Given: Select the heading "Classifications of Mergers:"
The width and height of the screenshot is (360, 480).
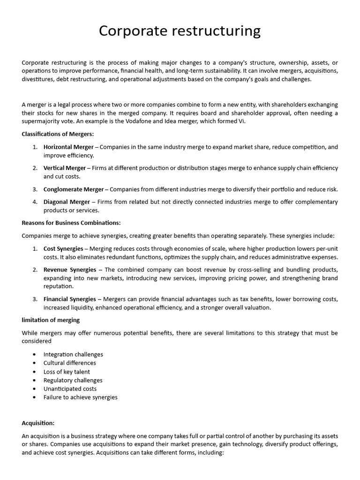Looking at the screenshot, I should [x=58, y=134].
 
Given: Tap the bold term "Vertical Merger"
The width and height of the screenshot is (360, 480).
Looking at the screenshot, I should [x=65, y=168].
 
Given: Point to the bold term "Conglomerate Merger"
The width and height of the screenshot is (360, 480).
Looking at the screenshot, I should [x=74, y=189].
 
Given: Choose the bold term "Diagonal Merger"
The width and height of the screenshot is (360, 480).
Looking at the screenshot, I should [x=67, y=202].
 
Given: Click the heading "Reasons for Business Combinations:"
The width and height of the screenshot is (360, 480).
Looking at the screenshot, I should [x=71, y=223].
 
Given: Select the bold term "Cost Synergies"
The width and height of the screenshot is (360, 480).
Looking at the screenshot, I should [x=63, y=248].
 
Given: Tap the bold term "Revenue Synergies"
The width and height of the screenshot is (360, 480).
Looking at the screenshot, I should [x=70, y=270].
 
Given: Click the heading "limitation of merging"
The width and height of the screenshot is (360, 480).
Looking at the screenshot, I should [x=51, y=320].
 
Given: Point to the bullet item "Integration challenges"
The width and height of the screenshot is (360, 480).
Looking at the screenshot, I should [x=73, y=354].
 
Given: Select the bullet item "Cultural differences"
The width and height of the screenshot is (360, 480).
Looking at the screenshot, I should [x=69, y=363].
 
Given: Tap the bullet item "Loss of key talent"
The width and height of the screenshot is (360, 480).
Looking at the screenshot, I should [x=67, y=372].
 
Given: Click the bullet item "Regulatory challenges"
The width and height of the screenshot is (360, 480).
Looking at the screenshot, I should [x=73, y=380].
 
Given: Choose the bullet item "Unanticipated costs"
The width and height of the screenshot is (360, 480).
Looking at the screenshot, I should [x=70, y=389].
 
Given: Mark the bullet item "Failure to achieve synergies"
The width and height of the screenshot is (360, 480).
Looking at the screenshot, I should [x=80, y=397].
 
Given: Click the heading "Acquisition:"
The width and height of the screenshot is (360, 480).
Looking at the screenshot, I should [x=38, y=423].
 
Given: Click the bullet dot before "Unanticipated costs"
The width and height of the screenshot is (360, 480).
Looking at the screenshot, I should [x=35, y=389].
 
